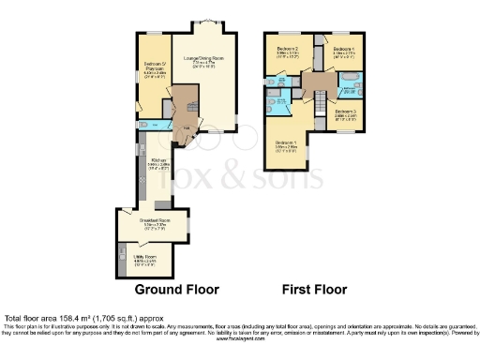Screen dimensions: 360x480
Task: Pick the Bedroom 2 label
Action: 288,52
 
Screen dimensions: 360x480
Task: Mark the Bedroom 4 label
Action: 345,52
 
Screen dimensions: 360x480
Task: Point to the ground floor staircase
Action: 187,97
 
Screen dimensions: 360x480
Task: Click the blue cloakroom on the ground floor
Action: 162,126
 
